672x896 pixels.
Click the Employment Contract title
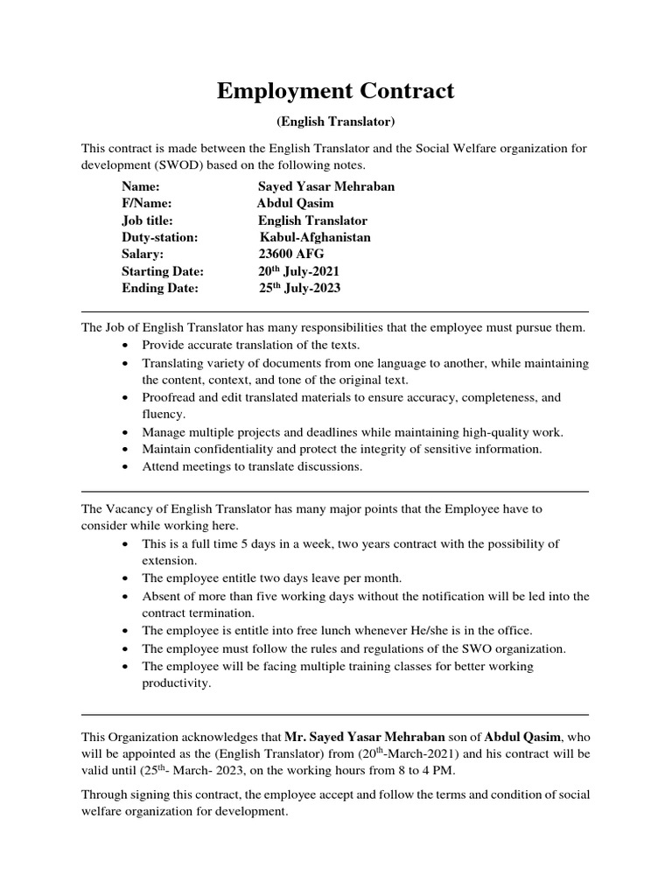pyautogui.click(x=336, y=91)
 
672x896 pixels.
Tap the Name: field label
pyautogui.click(x=141, y=187)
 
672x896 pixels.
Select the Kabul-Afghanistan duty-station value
pyautogui.click(x=315, y=238)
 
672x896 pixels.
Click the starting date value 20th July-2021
pyautogui.click(x=298, y=271)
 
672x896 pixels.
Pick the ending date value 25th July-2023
pyautogui.click(x=300, y=288)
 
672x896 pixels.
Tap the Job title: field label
pyautogui.click(x=147, y=220)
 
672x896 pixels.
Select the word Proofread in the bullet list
pyautogui.click(x=170, y=397)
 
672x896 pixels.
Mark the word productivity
pyautogui.click(x=176, y=682)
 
